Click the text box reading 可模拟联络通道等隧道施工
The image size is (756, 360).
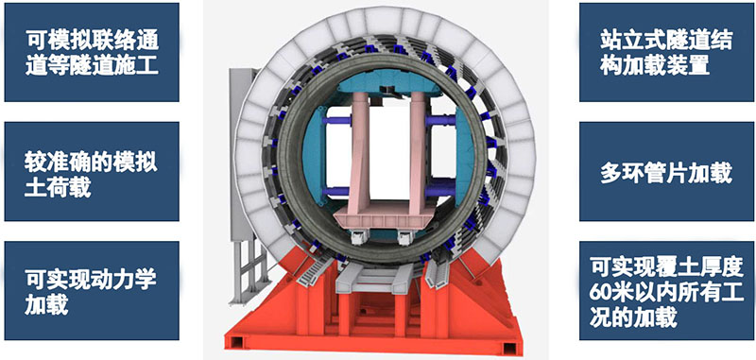[x=92, y=52]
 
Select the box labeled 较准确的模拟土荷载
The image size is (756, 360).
[x=92, y=171]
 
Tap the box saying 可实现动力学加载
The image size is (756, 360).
[x=92, y=291]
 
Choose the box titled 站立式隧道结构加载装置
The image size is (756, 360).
[x=667, y=52]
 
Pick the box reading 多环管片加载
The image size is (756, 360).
[x=667, y=171]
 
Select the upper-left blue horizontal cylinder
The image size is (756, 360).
[x=336, y=121]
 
